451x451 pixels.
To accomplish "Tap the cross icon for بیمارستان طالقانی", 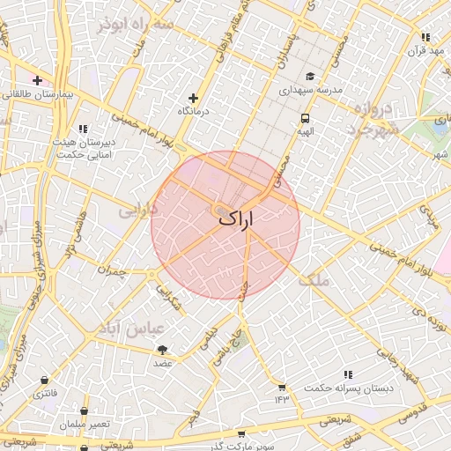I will pyautogui.click(x=37, y=81).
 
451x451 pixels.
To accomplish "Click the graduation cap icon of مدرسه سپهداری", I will pyautogui.click(x=310, y=76).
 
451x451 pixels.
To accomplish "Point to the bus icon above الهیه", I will pyautogui.click(x=305, y=117).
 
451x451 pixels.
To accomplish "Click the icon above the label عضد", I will pyautogui.click(x=163, y=350).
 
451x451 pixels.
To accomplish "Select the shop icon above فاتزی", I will pyautogui.click(x=43, y=381).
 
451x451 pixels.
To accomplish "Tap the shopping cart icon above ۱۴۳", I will pyautogui.click(x=281, y=387).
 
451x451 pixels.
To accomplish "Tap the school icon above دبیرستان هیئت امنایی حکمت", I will pyautogui.click(x=84, y=129).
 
